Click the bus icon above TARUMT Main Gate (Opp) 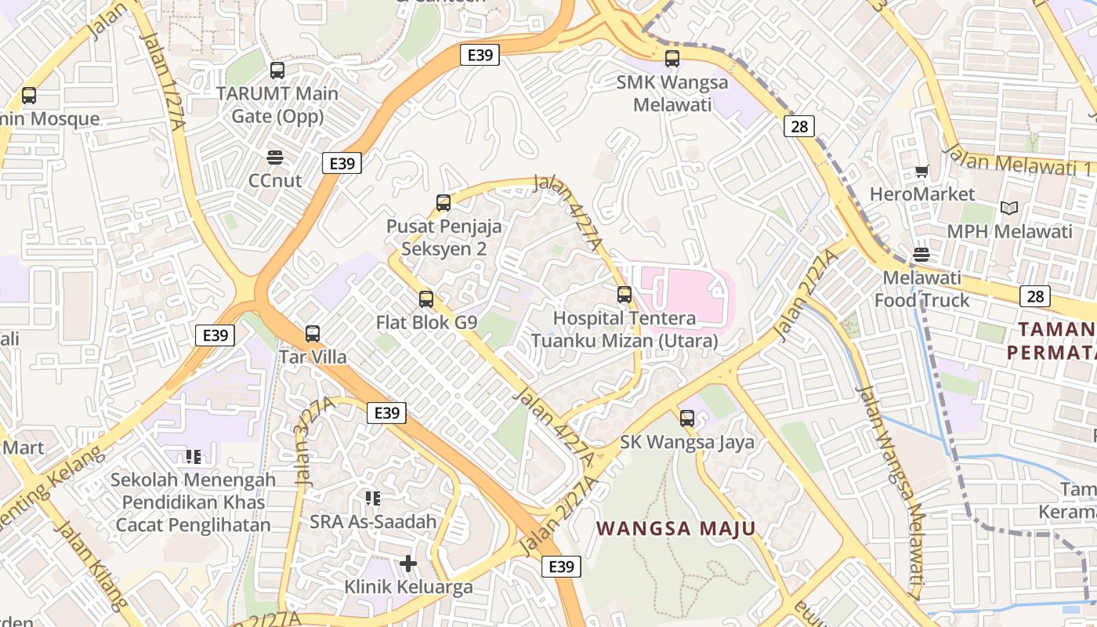[277, 71]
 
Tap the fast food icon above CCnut [274, 158]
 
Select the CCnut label [274, 180]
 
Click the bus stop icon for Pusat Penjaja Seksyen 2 [444, 203]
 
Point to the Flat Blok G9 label [426, 322]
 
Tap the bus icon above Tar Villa [313, 334]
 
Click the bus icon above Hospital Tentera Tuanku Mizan [625, 295]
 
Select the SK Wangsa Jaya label [687, 442]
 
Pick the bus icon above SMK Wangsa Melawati [672, 58]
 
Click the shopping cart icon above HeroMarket [922, 171]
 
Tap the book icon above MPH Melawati [1009, 208]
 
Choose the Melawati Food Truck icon [921, 254]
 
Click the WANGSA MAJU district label [676, 528]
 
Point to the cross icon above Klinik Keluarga [408, 564]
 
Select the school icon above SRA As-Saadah [373, 498]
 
